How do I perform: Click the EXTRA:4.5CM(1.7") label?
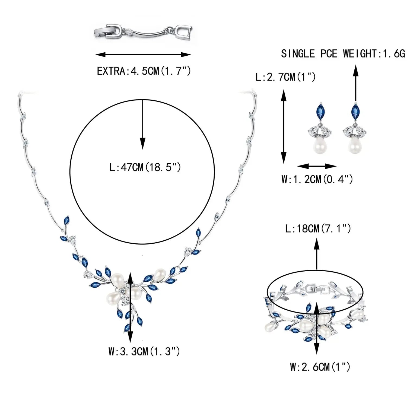pos(144,71)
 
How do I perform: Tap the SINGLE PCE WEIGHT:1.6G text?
pos(343,54)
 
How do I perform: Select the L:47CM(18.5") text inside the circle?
pos(145,167)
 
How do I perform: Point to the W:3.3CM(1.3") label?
pos(144,351)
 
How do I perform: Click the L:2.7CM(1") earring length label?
pos(285,77)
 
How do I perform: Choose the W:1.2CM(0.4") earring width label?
pos(317,179)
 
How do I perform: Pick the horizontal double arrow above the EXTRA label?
pos(143,55)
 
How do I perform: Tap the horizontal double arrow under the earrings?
pos(317,166)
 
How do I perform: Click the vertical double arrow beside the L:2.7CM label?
pos(284,126)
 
